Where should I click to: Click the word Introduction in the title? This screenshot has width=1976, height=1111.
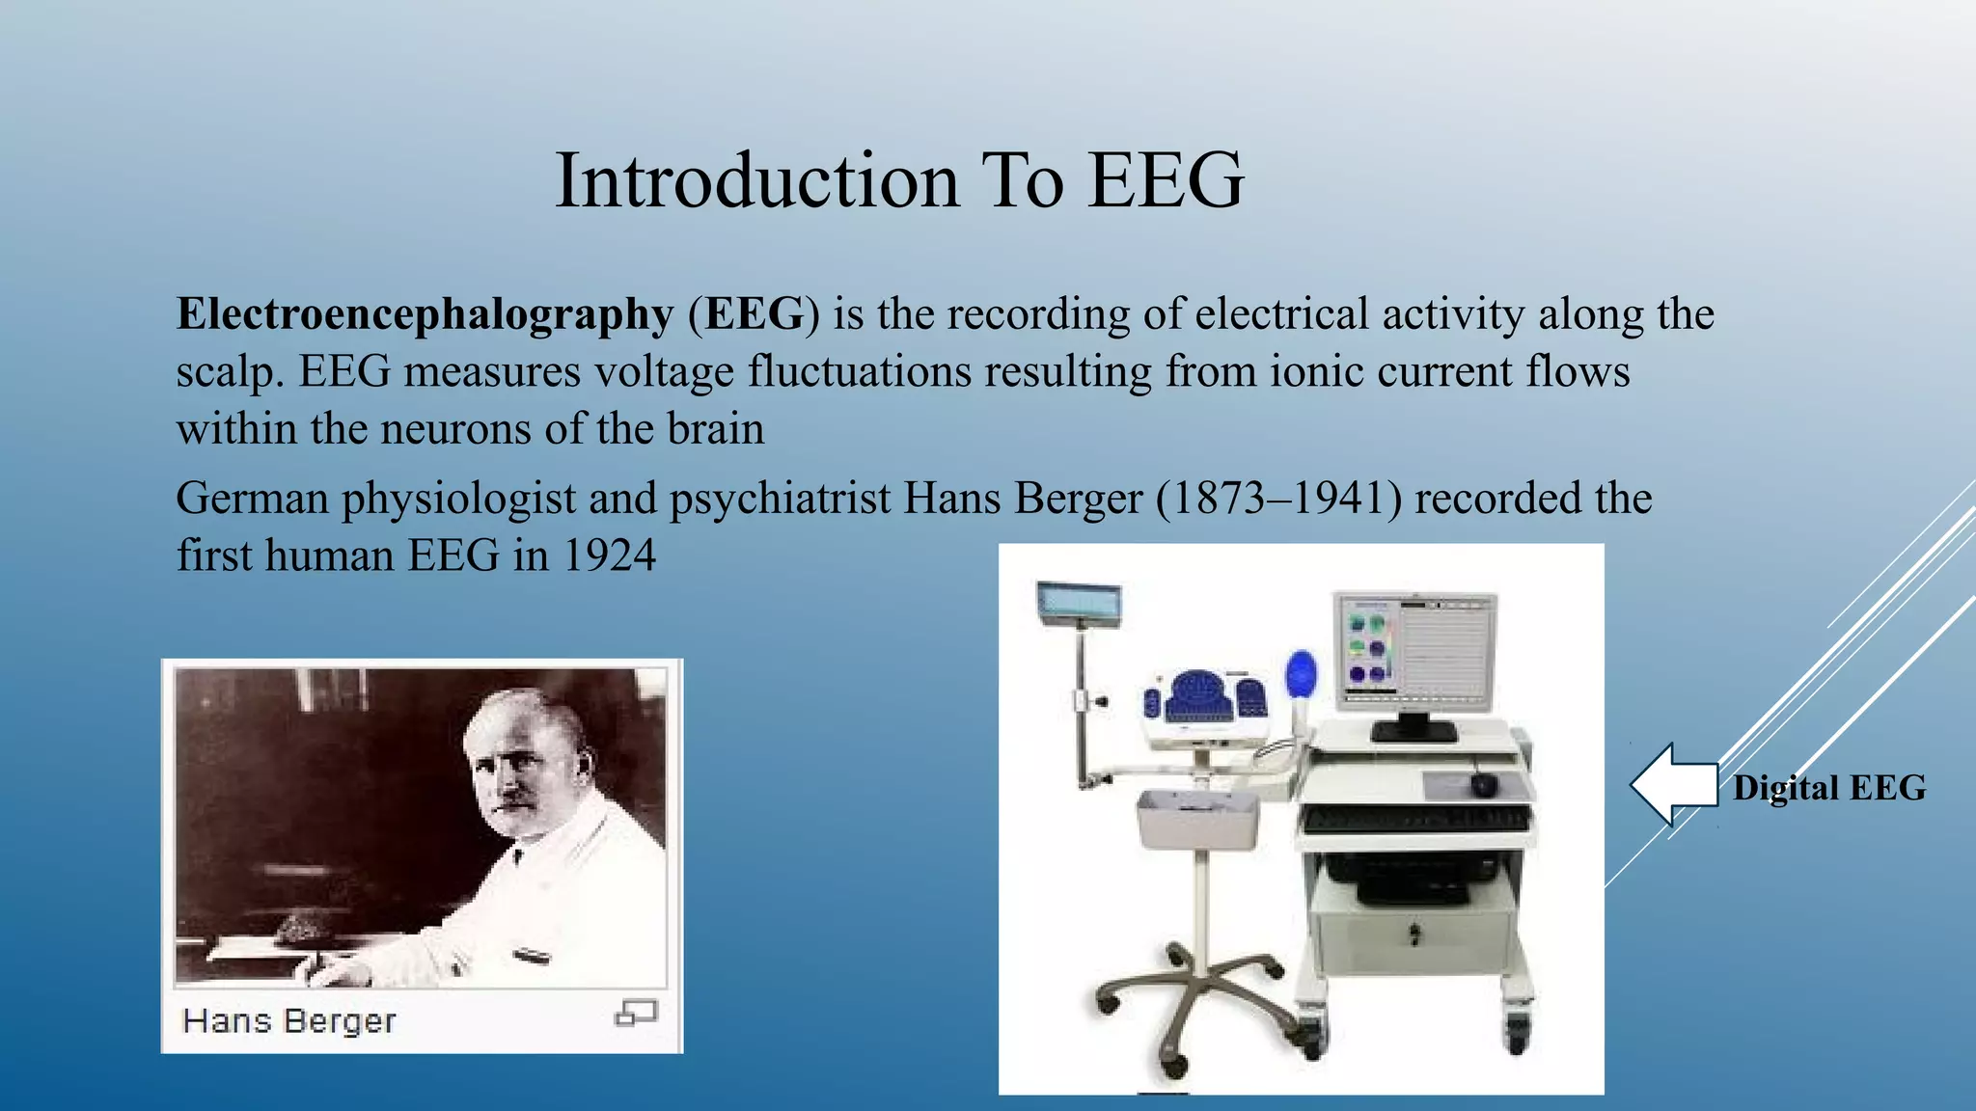(757, 181)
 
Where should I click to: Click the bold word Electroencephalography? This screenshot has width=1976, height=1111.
(425, 315)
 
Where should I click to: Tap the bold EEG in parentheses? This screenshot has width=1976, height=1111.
(754, 314)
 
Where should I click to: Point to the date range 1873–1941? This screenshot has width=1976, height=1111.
(1278, 499)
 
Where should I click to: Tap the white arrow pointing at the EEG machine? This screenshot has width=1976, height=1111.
(1674, 784)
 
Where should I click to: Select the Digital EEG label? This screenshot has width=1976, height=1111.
(1828, 788)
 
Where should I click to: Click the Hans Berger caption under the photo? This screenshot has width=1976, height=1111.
(289, 1020)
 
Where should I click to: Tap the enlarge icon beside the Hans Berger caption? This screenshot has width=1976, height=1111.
(636, 1013)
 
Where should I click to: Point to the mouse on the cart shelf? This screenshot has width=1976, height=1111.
(1483, 785)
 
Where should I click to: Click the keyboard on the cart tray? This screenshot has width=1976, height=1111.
(1414, 820)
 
